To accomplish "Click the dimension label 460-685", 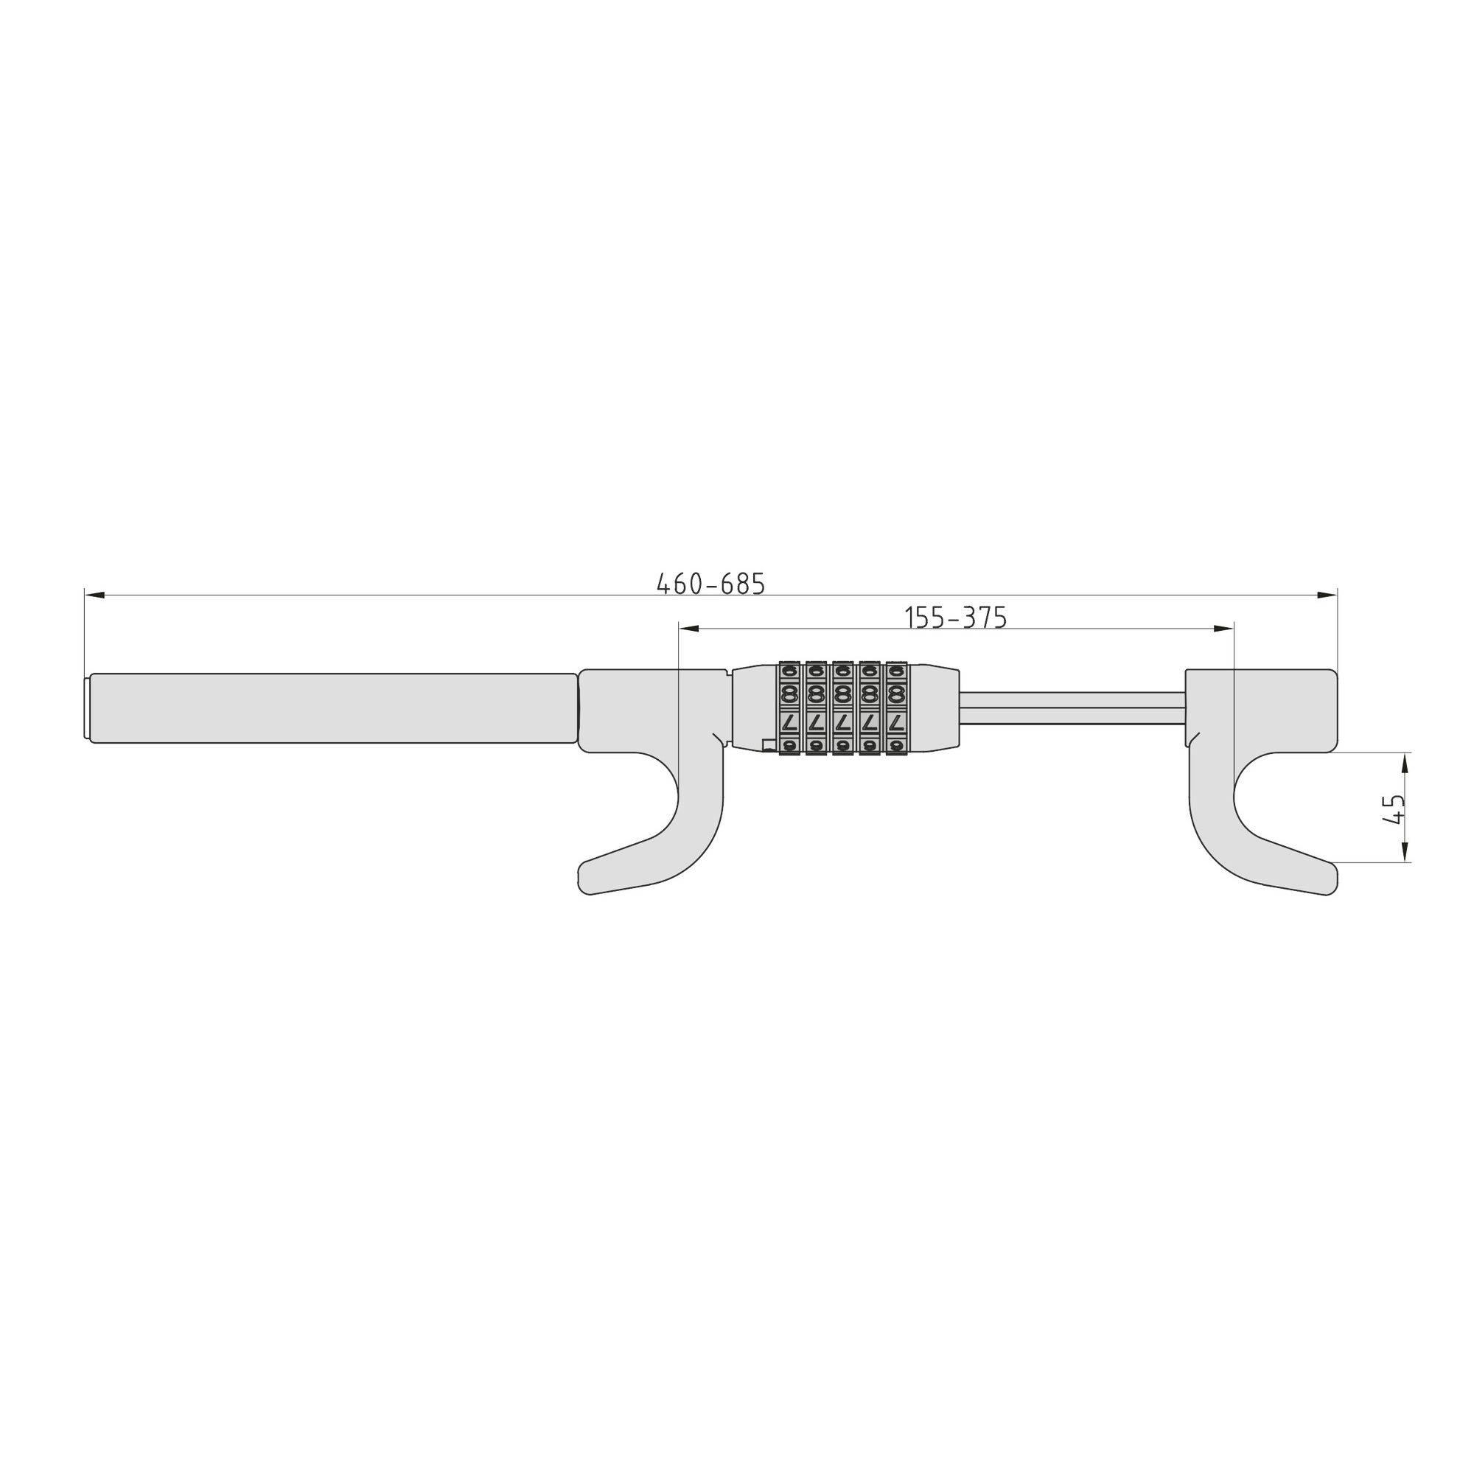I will [710, 584].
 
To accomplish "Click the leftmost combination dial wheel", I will [789, 709].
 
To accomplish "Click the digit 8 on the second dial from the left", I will [816, 694].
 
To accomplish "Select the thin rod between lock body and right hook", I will [1072, 710].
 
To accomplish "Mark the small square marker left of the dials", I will [767, 745].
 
